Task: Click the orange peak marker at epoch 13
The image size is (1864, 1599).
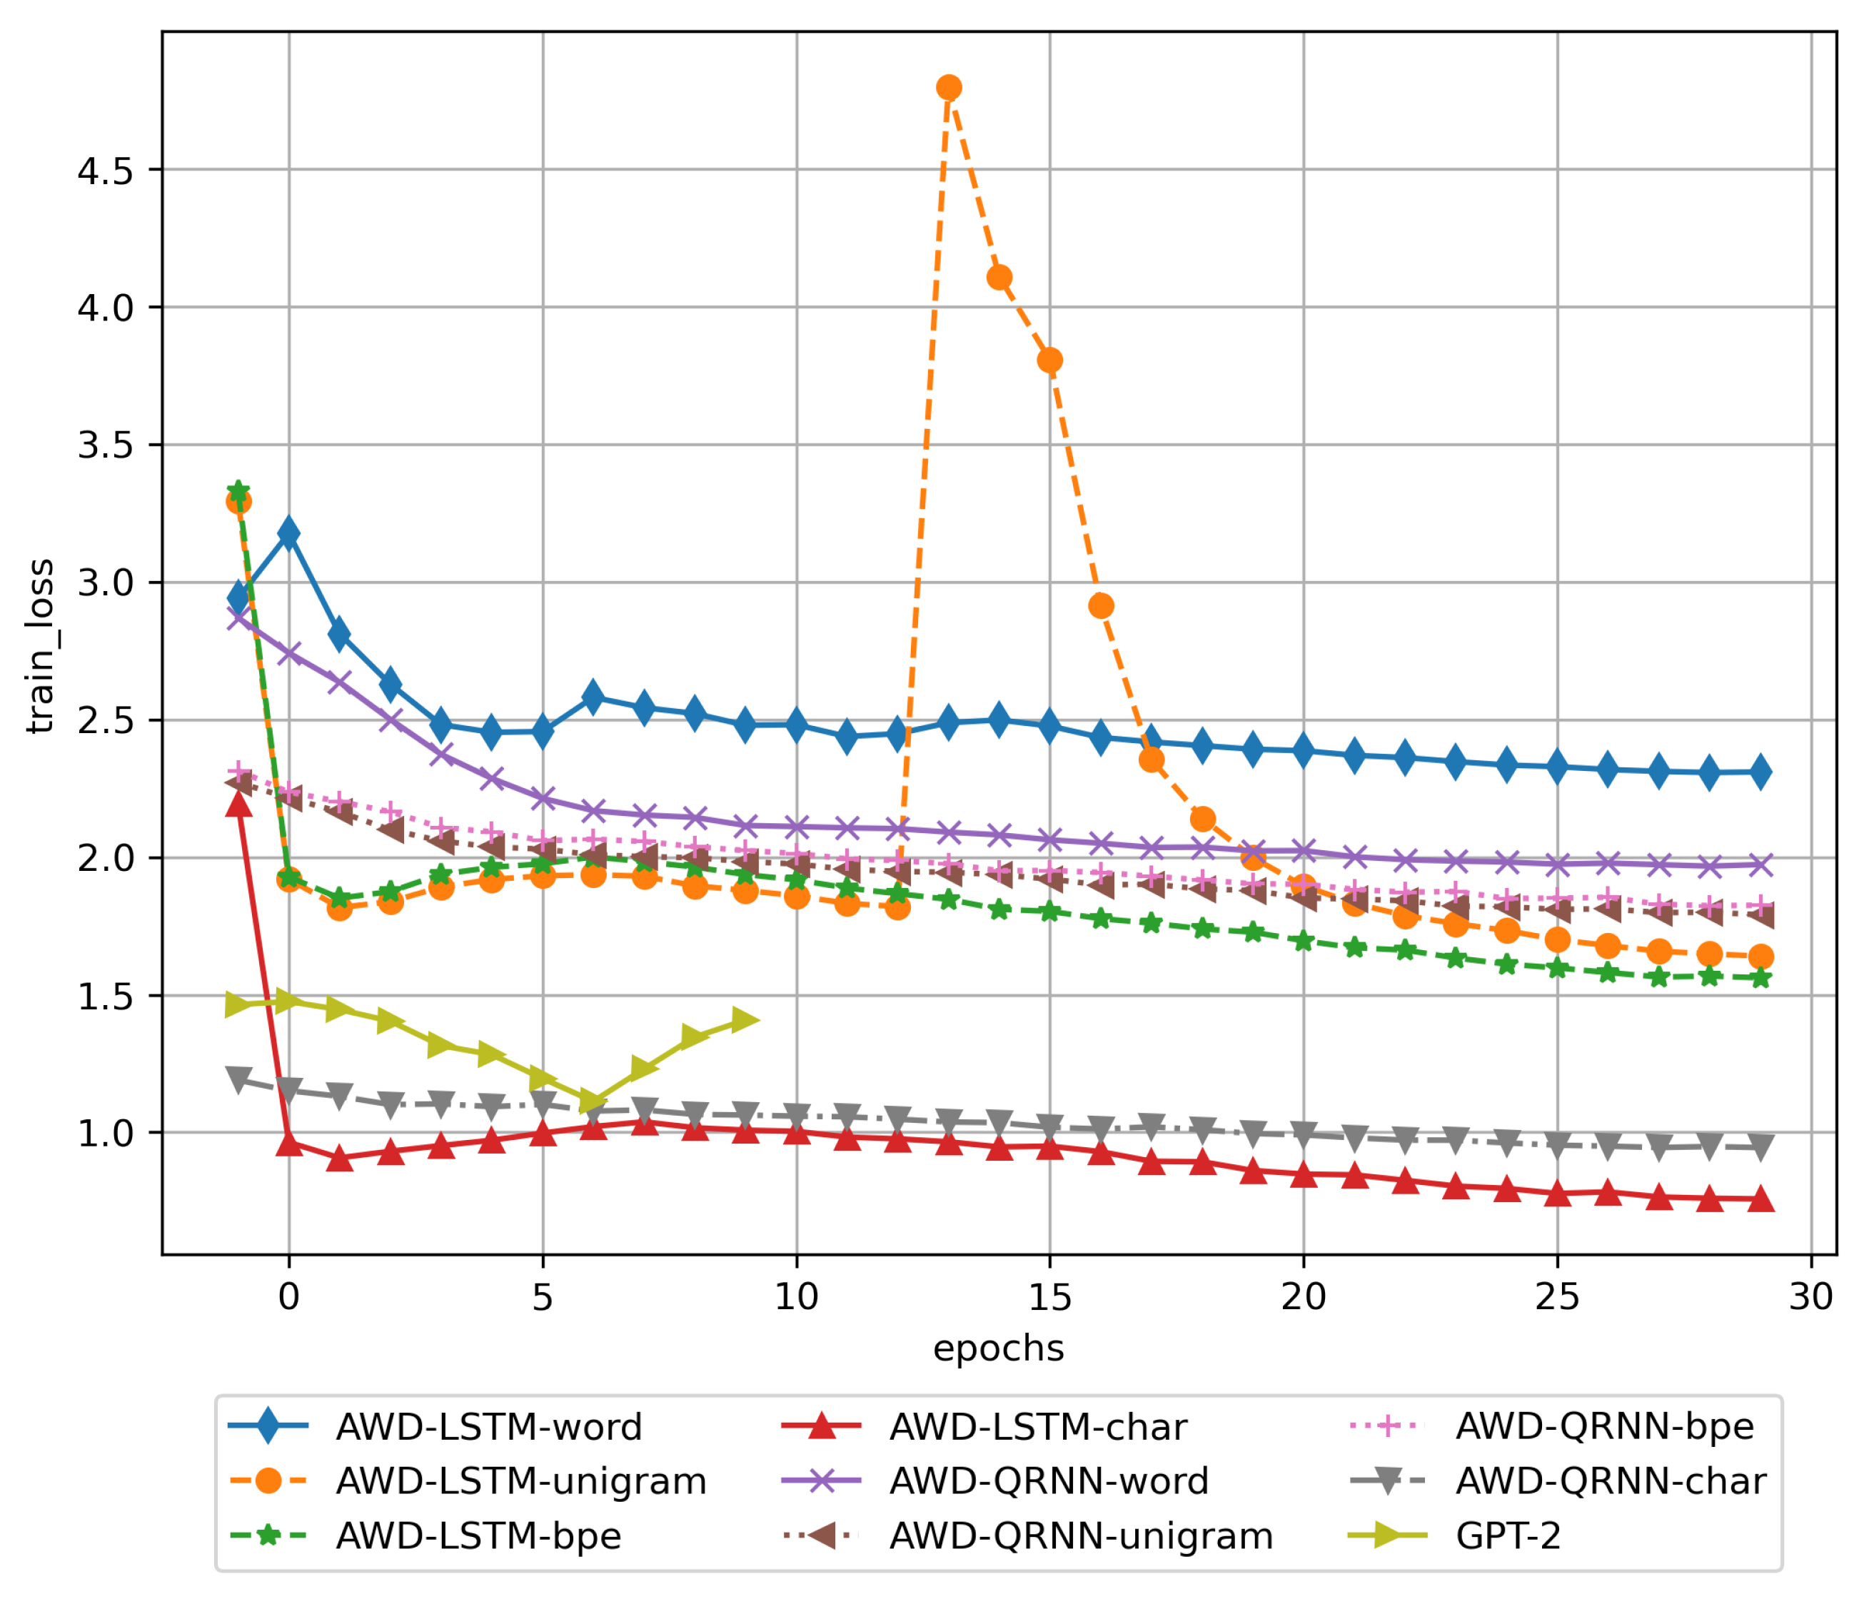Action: click(948, 87)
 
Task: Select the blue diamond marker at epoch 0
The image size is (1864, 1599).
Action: click(289, 533)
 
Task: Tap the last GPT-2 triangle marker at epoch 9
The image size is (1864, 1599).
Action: click(745, 1020)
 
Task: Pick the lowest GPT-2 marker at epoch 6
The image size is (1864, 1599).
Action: click(592, 1101)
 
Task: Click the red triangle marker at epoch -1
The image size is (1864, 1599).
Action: click(238, 803)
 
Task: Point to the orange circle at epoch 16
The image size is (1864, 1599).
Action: click(1101, 606)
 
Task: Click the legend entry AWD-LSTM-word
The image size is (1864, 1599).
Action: click(488, 1427)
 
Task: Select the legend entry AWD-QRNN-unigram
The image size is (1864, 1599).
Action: click(1080, 1536)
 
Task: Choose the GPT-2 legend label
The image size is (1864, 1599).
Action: click(1508, 1536)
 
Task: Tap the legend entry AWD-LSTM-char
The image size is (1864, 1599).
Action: click(1037, 1427)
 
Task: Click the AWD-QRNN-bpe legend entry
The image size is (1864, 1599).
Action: click(1604, 1427)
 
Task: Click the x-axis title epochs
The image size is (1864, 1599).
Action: click(999, 1349)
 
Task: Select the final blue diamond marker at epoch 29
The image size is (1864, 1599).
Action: click(1760, 772)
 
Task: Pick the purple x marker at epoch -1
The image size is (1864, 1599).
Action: click(238, 617)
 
